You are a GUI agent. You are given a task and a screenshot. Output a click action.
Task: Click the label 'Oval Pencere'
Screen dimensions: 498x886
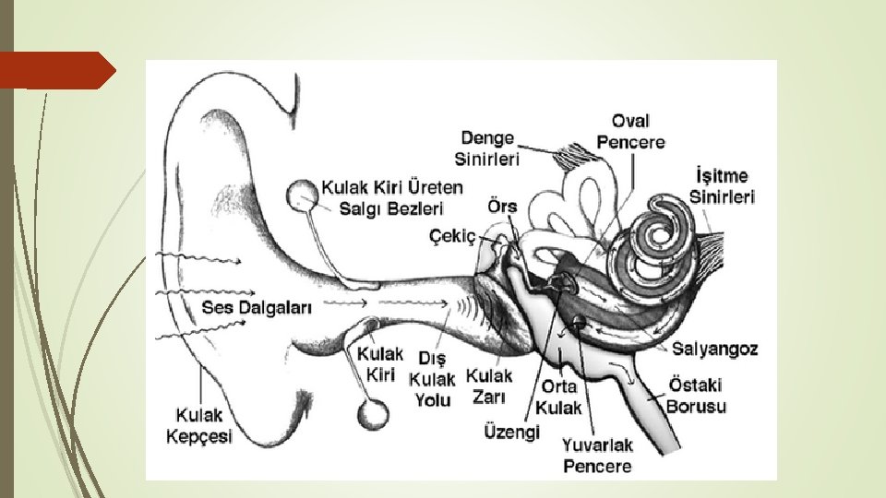coord(630,131)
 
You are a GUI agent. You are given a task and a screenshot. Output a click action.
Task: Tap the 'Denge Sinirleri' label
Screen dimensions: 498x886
coord(487,148)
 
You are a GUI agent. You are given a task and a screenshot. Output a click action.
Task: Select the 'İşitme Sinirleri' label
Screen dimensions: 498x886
coord(722,185)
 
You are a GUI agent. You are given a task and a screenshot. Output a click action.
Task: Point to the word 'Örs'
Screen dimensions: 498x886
coord(503,207)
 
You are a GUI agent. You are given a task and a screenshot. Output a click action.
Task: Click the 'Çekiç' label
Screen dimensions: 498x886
coord(453,237)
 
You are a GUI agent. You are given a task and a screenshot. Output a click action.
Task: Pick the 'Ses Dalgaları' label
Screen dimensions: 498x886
coord(257,307)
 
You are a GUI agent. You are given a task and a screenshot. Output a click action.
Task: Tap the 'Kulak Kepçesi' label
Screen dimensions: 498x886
coord(198,427)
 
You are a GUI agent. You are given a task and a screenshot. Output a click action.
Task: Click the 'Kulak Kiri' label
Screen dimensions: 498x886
coord(380,363)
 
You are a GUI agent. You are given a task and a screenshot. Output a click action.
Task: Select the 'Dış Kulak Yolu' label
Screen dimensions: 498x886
coord(432,378)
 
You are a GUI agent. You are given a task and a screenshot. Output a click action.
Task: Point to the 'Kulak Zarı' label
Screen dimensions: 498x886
coord(489,386)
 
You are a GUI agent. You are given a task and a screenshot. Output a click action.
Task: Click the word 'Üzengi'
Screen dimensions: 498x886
coord(511,432)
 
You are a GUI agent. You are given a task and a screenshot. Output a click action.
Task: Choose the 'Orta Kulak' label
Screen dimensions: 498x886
coord(560,397)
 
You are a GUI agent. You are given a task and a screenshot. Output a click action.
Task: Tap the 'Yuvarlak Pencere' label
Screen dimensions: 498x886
coord(597,456)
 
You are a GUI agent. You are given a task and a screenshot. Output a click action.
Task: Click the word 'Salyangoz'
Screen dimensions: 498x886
coord(714,349)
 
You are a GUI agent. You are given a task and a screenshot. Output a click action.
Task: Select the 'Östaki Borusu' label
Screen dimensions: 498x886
coord(696,395)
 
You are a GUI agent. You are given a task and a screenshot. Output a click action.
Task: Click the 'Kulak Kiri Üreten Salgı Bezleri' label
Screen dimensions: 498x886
coord(392,197)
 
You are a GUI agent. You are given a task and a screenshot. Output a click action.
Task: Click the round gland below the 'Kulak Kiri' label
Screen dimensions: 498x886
coord(373,414)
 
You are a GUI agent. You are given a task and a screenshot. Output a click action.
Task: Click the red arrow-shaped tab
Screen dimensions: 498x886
coord(56,70)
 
